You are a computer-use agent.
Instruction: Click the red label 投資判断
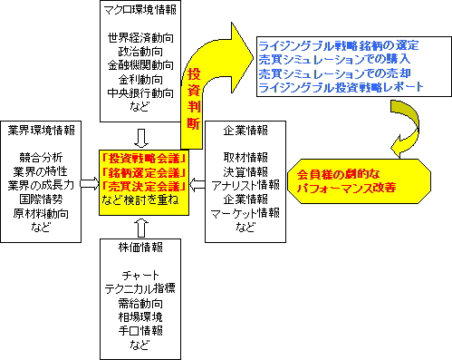pyautogui.click(x=194, y=101)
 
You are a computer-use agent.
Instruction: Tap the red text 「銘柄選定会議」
pyautogui.click(x=145, y=171)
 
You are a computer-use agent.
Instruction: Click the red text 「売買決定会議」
pyautogui.click(x=145, y=185)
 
